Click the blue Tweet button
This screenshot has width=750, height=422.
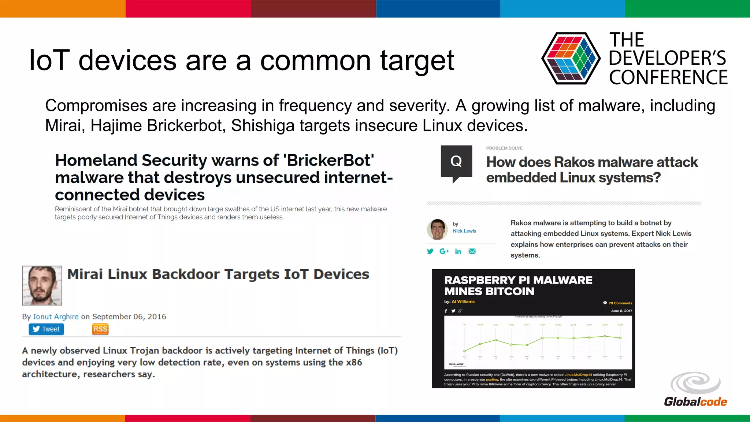click(x=46, y=329)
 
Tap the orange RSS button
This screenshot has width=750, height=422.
click(x=100, y=329)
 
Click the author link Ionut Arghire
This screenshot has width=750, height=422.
click(x=56, y=316)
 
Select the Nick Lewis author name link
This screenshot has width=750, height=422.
click(x=464, y=231)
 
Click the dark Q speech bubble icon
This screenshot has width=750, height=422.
click(x=456, y=162)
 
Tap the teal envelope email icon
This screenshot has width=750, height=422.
click(x=472, y=251)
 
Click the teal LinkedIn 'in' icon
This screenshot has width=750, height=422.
click(x=458, y=251)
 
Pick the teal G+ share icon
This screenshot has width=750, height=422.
click(x=444, y=251)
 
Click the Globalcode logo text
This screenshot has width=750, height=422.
click(x=695, y=402)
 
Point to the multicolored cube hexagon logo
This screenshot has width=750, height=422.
click(x=571, y=58)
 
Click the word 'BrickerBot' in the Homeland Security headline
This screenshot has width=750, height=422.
click(x=328, y=160)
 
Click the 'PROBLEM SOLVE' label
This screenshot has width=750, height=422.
click(x=504, y=148)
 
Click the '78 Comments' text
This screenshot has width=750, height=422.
click(x=620, y=303)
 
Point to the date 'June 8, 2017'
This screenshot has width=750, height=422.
click(x=621, y=311)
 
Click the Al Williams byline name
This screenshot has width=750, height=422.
click(x=463, y=301)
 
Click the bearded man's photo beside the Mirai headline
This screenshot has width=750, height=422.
click(x=42, y=285)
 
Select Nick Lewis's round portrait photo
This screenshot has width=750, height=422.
click(x=437, y=230)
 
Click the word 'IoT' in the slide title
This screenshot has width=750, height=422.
click(x=49, y=60)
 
